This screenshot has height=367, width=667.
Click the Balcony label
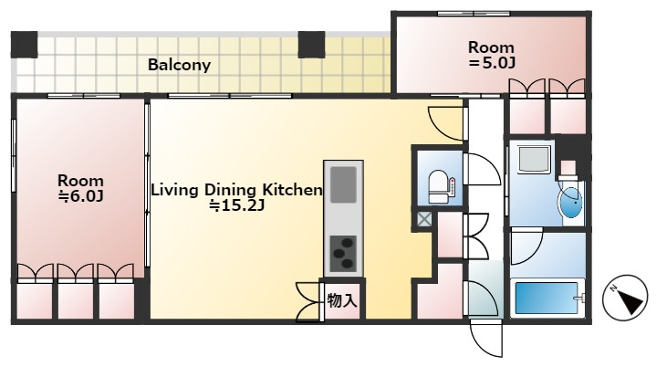[x=179, y=65]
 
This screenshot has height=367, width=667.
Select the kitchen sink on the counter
[x=343, y=184]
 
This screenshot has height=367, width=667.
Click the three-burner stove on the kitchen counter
[x=343, y=253]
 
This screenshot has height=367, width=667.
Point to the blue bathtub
[x=547, y=298]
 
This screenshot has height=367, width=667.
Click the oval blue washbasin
[x=570, y=203]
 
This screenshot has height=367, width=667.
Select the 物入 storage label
[x=342, y=301]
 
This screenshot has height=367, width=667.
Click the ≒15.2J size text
[x=237, y=205]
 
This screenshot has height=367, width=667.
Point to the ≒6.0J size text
[x=81, y=196]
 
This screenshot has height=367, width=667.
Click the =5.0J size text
[x=491, y=63]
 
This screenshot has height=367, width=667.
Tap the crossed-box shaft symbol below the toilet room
[x=423, y=220]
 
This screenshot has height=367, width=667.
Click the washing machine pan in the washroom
[x=534, y=159]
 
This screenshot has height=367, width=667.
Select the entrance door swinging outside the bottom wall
[x=486, y=340]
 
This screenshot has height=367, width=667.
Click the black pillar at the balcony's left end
[x=25, y=45]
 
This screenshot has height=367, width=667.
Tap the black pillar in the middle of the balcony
[x=311, y=45]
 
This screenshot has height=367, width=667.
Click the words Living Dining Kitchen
[x=237, y=190]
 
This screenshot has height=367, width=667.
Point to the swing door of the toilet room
[x=483, y=169]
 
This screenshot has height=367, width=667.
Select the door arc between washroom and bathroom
[x=526, y=246]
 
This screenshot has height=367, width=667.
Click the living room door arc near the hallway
[x=446, y=123]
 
